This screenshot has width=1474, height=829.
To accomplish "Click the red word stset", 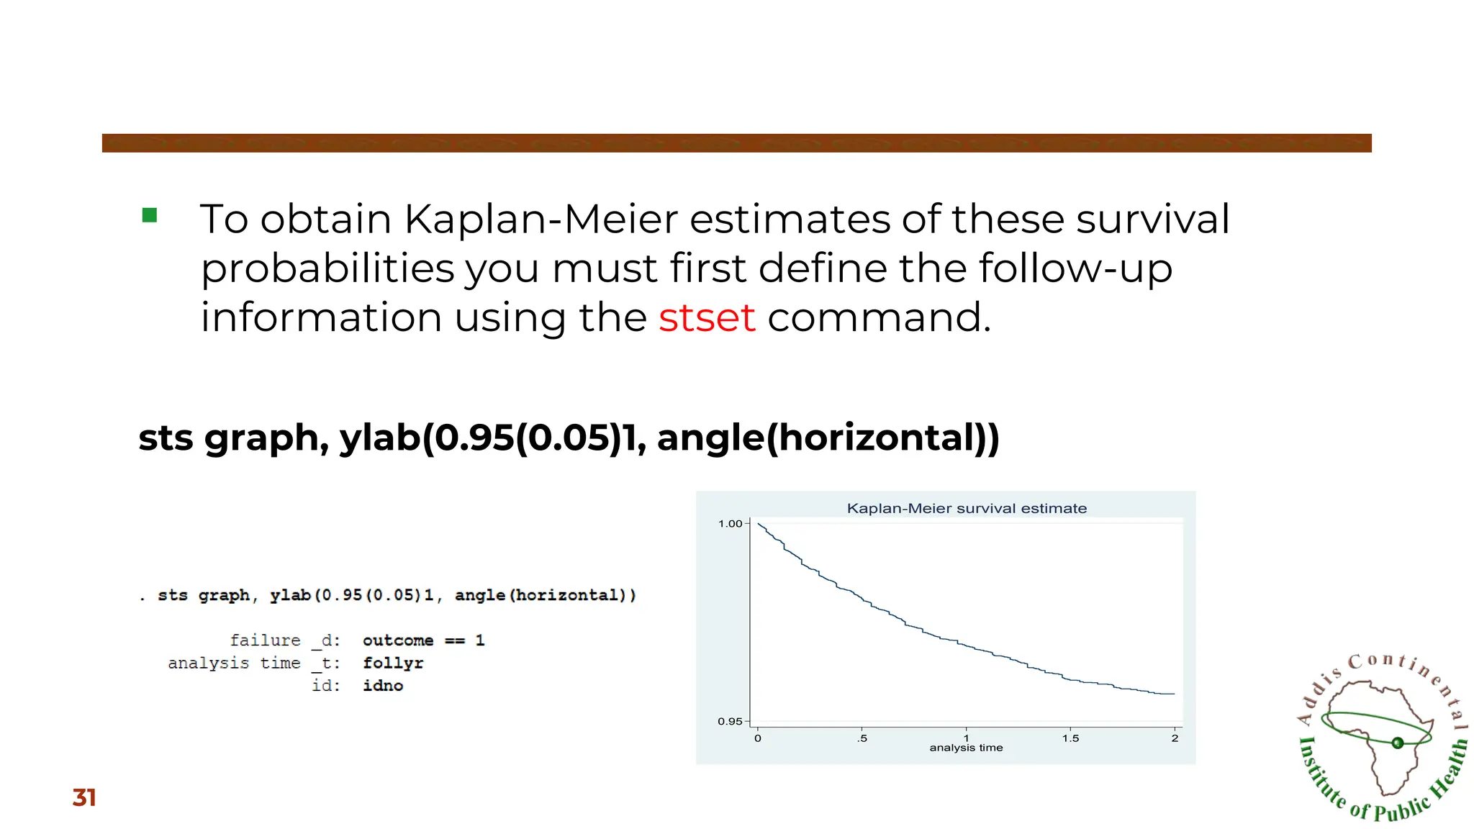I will coord(706,317).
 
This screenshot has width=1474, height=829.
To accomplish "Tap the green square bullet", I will coord(150,215).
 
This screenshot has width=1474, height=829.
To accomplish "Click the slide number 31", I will coord(84,797).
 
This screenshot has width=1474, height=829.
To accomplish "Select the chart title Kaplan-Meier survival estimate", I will coord(967,508).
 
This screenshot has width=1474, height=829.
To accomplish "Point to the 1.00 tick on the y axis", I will coord(731,523).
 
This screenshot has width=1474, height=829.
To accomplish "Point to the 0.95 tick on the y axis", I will coord(730,721).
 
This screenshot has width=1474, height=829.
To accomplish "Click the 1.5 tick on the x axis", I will coord(1070,738).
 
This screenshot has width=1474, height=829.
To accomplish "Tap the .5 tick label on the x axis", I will coord(862,738).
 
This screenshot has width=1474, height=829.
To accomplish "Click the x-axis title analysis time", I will coord(966,748).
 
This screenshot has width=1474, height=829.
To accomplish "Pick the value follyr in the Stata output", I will coord(393,663).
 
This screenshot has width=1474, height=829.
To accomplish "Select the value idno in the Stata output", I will coord(383,685).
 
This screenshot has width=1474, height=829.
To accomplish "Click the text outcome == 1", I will coord(423,640).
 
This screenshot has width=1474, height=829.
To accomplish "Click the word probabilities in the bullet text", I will coord(327,268).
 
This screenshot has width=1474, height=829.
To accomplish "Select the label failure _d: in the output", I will coord(284,640).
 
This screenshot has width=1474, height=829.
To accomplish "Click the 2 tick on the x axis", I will coord(1175,738).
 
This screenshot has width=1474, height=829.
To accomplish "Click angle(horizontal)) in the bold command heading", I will coord(828,438).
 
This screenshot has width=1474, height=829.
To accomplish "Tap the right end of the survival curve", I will coord(1173,694).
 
